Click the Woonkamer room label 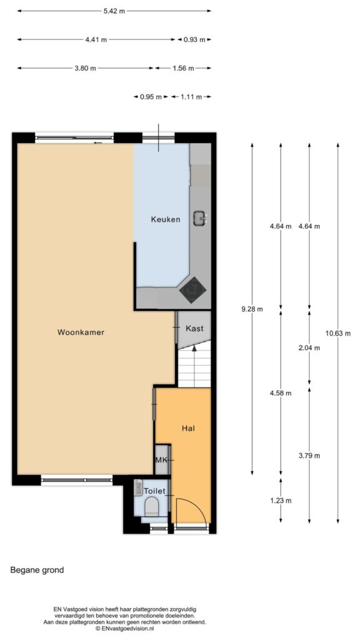coord(81,332)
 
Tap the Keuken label coord(165,219)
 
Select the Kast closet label coord(194,328)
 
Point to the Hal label coord(188,428)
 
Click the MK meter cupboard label coord(161,460)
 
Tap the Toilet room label coord(154,491)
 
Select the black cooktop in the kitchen coord(192,290)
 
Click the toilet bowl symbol coord(152,506)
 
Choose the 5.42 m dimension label coord(114,11)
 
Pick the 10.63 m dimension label coord(338,333)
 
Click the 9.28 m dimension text coord(252,309)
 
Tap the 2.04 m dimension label coord(309,347)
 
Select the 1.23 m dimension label coord(281,501)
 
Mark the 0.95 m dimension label coord(151,97)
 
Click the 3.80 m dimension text coord(85,68)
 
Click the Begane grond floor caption coord(37,570)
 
